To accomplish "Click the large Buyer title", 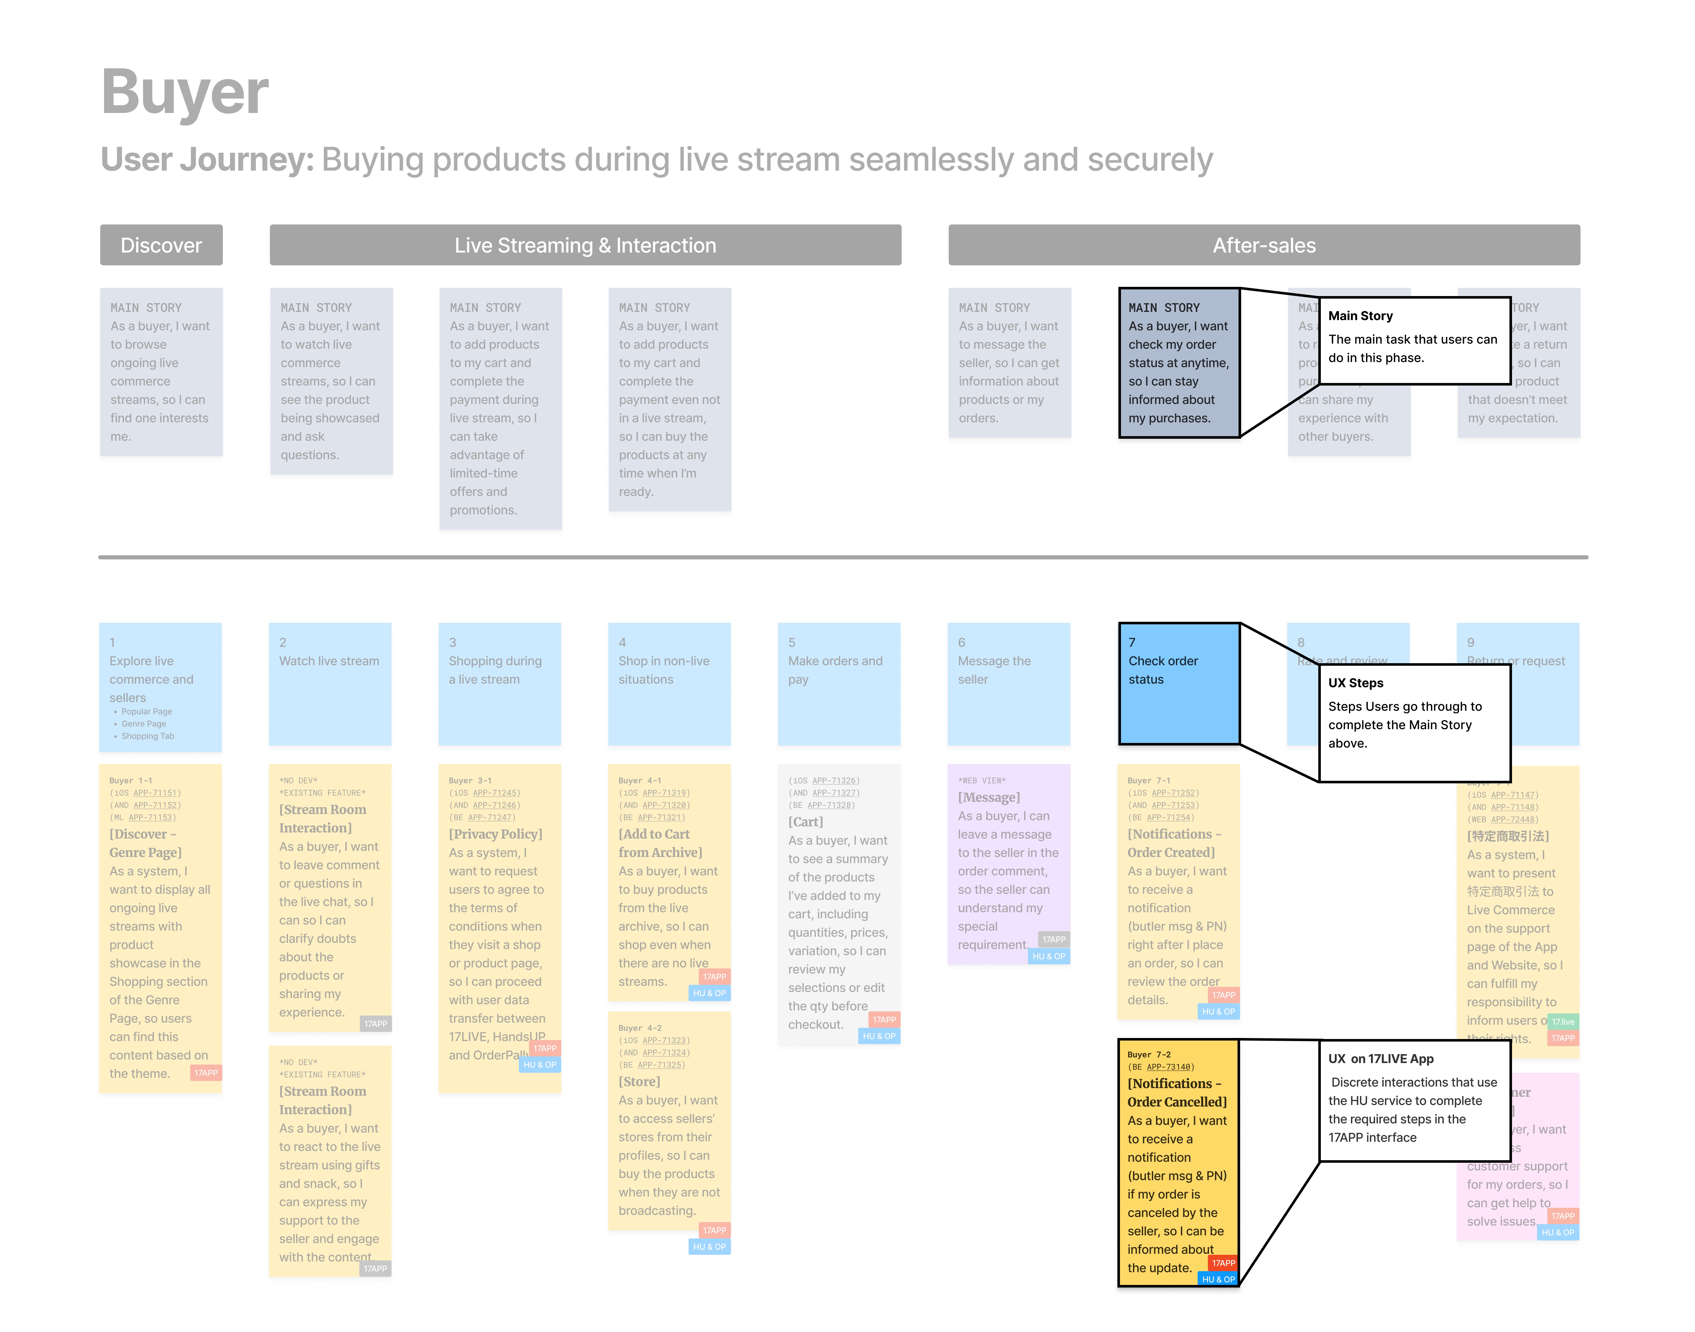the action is click(x=185, y=92).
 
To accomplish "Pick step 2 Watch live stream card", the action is click(x=330, y=683).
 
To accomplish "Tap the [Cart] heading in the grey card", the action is click(x=805, y=822).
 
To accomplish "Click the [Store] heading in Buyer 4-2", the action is click(x=639, y=1082).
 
